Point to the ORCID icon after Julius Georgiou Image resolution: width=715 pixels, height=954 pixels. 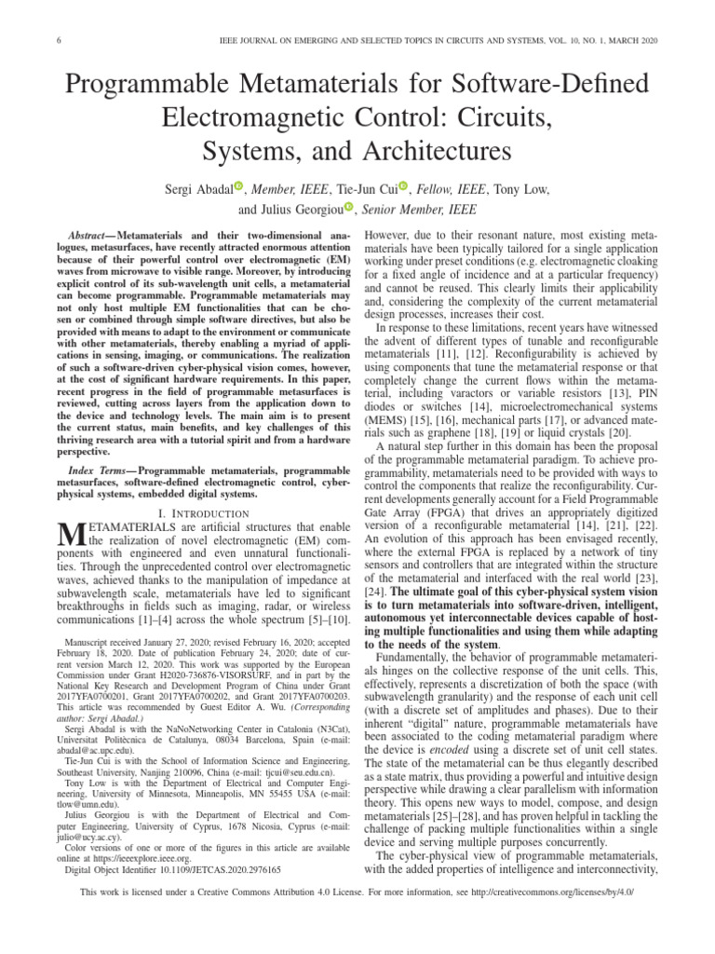tap(349, 208)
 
